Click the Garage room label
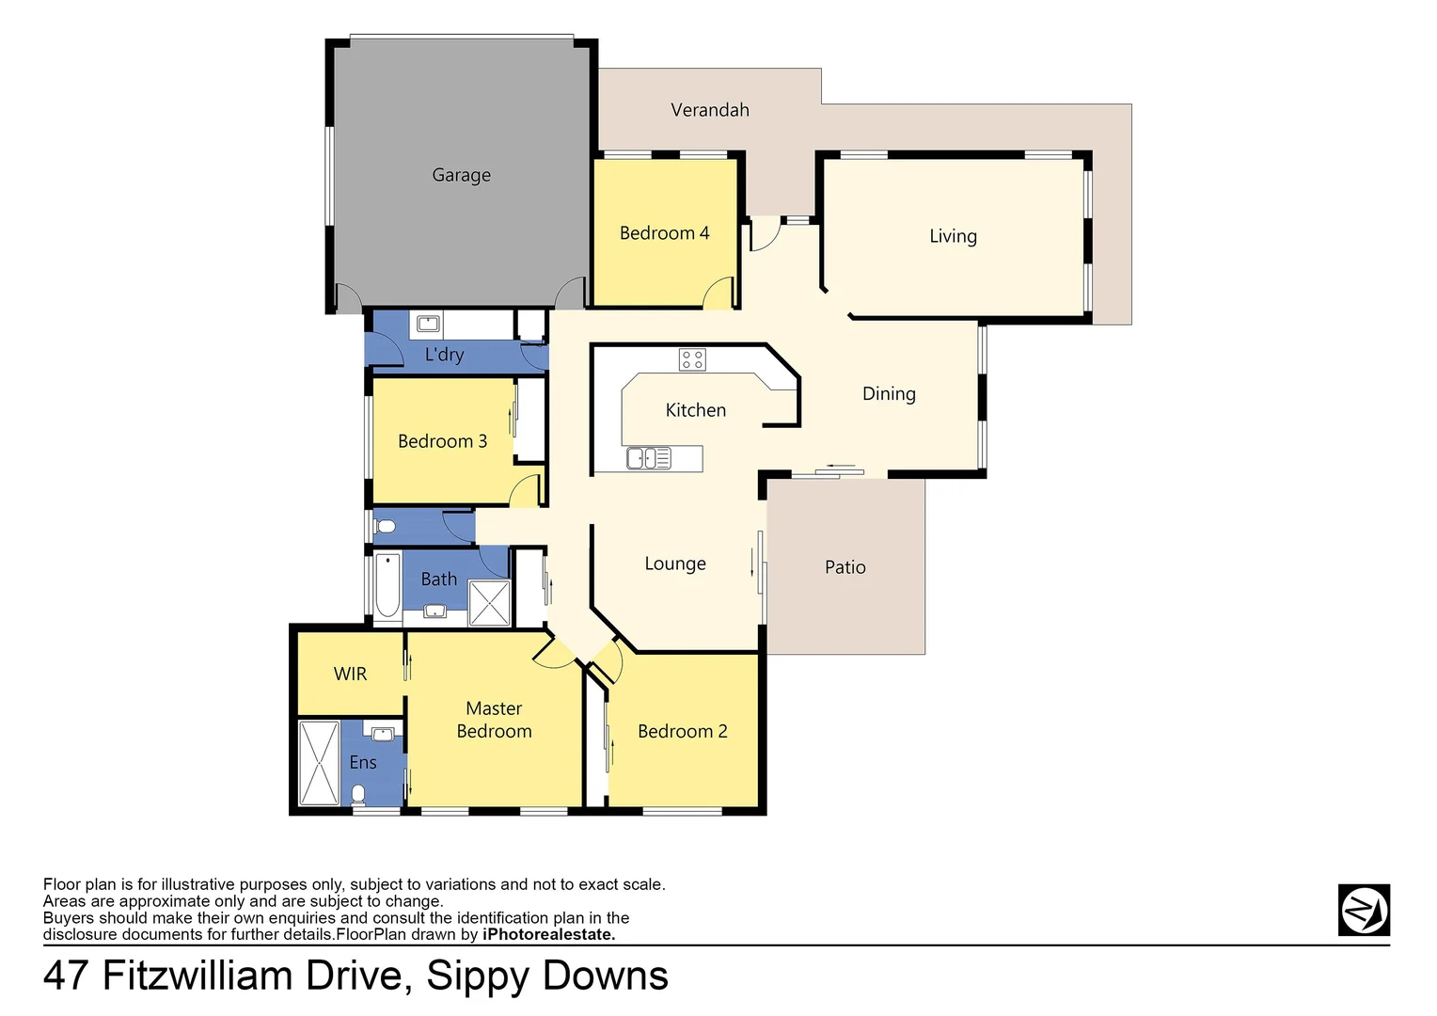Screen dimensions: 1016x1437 461,175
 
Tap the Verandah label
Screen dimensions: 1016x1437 710,110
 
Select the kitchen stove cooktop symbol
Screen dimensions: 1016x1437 692,359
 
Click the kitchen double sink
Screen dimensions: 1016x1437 649,458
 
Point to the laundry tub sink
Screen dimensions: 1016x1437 428,325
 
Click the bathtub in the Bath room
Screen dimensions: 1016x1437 387,585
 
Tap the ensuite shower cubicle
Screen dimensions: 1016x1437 318,762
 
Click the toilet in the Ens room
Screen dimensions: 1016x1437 358,795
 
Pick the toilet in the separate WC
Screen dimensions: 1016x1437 384,527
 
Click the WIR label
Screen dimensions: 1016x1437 350,674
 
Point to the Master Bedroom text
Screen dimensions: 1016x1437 494,720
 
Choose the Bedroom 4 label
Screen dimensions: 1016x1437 664,233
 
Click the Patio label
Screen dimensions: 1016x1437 845,567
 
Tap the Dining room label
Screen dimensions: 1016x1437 889,394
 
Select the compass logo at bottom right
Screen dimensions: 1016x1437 1364,910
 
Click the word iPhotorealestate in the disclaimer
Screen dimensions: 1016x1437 548,934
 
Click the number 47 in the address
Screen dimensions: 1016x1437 67,976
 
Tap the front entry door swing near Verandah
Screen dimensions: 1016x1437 764,236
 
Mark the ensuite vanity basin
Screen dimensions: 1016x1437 383,733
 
